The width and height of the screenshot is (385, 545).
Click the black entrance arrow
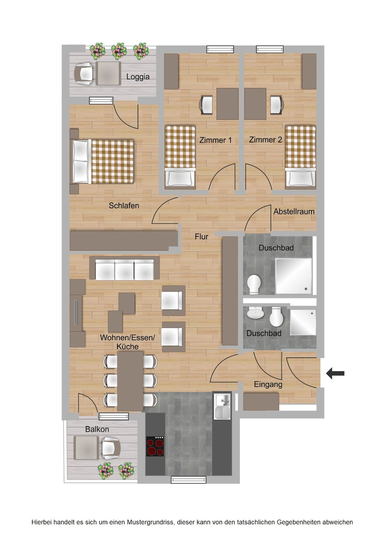(335, 373)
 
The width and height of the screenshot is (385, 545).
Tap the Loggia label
(138, 77)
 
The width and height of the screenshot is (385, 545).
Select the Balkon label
(97, 429)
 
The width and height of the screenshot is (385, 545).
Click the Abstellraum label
(294, 211)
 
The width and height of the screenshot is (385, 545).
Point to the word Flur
(201, 236)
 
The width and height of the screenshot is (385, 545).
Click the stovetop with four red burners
(155, 446)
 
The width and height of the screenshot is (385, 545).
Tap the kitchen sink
(223, 407)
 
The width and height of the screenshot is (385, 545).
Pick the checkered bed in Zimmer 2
(300, 156)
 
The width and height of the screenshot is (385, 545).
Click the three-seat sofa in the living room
(124, 269)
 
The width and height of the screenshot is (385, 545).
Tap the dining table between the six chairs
(130, 381)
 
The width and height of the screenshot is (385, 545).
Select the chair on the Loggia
(84, 73)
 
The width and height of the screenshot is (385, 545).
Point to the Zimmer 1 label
(215, 140)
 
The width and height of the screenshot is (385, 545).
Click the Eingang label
(268, 384)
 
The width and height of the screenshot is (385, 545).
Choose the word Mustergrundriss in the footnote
(150, 522)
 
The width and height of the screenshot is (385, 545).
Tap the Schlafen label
(124, 206)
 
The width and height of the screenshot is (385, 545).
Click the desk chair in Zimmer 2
(277, 105)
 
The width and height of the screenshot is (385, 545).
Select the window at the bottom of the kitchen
(188, 480)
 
